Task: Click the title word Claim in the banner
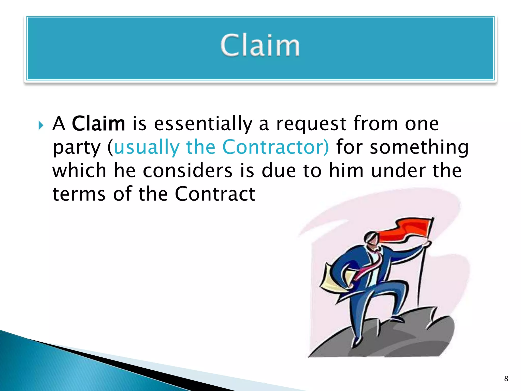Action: pyautogui.click(x=260, y=46)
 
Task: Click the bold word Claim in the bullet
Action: pyautogui.click(x=98, y=124)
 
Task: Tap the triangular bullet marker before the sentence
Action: pyautogui.click(x=41, y=125)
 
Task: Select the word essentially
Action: pyautogui.click(x=203, y=124)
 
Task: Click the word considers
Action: pyautogui.click(x=187, y=171)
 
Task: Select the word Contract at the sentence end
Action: pyautogui.click(x=215, y=194)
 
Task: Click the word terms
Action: pyautogui.click(x=79, y=194)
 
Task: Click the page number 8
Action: pyautogui.click(x=506, y=379)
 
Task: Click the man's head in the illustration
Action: pyautogui.click(x=371, y=239)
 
